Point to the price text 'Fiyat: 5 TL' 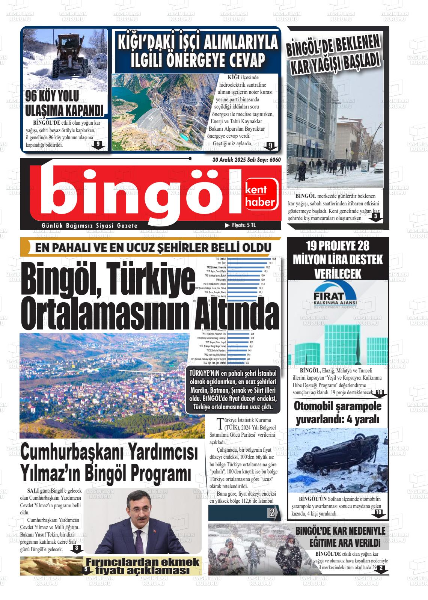240,225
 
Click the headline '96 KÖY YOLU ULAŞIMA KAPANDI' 64,104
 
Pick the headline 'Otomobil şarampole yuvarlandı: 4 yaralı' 338,412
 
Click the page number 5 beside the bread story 86,570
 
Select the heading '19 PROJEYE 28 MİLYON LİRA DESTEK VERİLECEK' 338,260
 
